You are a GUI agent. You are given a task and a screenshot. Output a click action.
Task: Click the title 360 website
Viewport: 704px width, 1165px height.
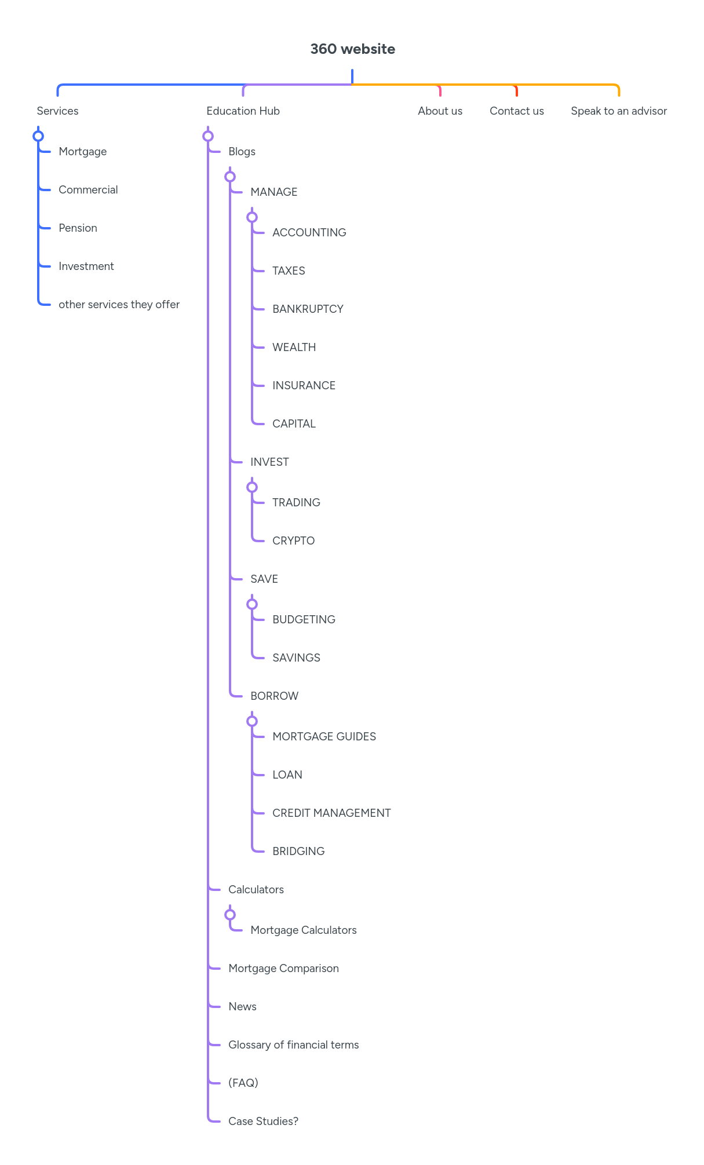352,49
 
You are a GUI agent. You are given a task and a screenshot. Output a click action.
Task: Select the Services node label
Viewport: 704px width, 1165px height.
57,111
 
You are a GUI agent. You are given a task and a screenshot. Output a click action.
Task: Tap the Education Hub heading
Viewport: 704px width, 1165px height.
243,111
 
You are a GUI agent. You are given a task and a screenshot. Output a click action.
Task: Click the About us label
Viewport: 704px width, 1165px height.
440,111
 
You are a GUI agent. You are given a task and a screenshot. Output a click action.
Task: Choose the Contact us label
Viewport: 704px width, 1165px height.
516,111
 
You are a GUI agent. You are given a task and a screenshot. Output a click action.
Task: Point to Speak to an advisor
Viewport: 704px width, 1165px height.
618,111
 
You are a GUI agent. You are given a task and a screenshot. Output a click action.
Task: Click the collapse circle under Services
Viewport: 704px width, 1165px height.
38,136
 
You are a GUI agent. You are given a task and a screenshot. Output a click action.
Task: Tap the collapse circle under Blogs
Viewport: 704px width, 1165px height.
230,177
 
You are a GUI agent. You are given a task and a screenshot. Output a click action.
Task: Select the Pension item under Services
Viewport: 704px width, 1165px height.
78,228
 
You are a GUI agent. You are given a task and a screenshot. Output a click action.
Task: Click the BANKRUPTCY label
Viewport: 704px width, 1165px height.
308,309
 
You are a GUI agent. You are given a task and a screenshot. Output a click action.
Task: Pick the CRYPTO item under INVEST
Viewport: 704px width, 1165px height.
293,540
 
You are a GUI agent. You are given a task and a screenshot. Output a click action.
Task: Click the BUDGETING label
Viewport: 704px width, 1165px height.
304,619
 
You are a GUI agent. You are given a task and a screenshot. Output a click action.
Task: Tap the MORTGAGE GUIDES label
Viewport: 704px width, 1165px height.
324,736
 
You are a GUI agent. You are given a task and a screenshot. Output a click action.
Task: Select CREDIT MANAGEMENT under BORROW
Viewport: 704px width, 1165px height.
331,813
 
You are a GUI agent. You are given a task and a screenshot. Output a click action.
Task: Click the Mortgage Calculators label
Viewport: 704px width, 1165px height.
303,930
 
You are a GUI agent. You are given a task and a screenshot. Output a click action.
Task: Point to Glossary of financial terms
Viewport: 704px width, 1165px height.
293,1045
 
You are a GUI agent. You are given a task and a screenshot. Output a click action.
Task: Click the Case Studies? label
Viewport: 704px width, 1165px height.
263,1121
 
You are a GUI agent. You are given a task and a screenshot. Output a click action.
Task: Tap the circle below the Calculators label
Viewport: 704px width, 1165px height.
230,915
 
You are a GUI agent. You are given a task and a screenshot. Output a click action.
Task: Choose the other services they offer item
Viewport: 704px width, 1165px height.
119,304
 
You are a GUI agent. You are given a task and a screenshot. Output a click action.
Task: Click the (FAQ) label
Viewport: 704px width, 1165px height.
243,1083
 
